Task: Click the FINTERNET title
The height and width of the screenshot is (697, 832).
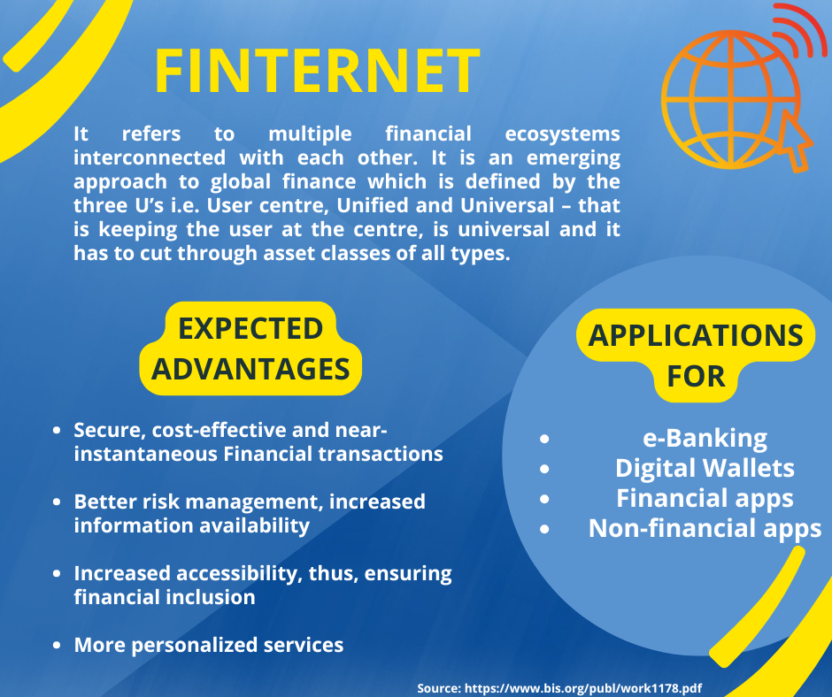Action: pos(317,71)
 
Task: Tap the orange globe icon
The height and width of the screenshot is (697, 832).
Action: pos(730,100)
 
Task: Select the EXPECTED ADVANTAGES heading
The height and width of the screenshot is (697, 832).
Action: pos(250,348)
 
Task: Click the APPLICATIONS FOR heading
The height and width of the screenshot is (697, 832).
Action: pos(696,356)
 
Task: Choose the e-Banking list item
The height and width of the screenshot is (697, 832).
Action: pos(705,438)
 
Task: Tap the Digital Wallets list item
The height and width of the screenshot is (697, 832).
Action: pos(705,469)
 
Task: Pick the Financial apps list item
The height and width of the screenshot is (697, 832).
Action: pos(705,499)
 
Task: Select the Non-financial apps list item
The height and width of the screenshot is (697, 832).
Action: pos(705,529)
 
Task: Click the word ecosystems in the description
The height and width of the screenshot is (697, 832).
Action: pos(562,134)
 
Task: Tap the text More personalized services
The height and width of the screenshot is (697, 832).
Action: pos(209,645)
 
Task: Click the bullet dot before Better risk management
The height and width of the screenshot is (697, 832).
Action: pos(57,502)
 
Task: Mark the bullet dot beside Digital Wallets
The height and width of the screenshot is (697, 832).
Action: pos(544,469)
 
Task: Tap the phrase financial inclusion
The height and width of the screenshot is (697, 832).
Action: pos(165,597)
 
